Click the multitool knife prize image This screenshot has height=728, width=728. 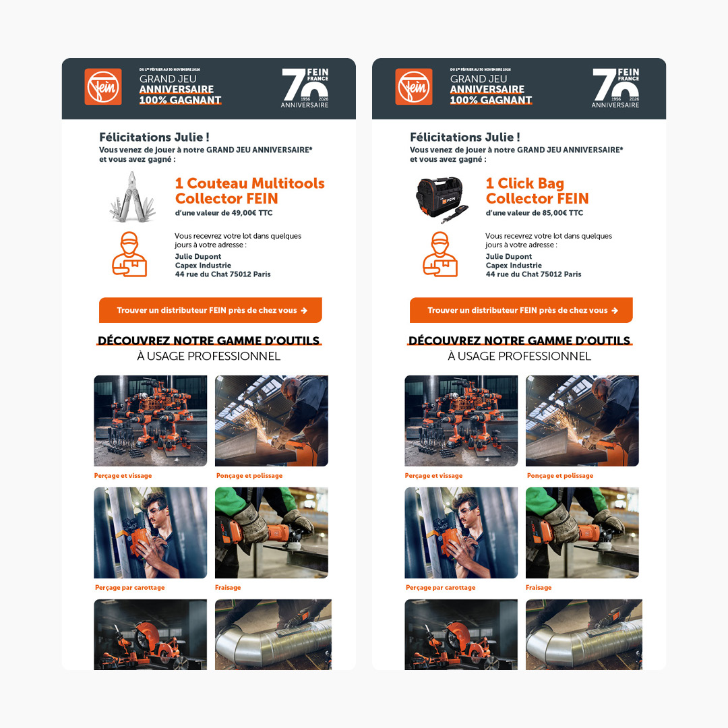point(133,196)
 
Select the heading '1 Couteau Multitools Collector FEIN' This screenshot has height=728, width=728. point(249,191)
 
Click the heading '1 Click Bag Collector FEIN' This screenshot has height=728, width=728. point(537,191)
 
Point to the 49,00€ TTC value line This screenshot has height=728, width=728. point(223,213)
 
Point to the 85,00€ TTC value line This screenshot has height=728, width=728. point(534,213)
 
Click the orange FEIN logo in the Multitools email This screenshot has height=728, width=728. point(103,87)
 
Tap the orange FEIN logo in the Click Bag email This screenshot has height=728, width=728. point(414,87)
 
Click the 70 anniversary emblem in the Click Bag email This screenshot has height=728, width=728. point(615,88)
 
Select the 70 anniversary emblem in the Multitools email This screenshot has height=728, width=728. point(305,88)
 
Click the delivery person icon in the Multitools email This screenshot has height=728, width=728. point(129,254)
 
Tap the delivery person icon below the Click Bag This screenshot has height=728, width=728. point(439,254)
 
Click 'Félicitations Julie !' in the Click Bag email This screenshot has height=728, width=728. point(464,138)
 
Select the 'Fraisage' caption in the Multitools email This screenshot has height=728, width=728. point(228,588)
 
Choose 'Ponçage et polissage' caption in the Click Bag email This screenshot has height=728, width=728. point(559,476)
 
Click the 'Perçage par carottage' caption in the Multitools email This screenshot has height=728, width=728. point(129,588)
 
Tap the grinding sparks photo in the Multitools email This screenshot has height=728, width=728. point(271,421)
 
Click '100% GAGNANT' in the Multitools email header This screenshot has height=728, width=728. point(180,100)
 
